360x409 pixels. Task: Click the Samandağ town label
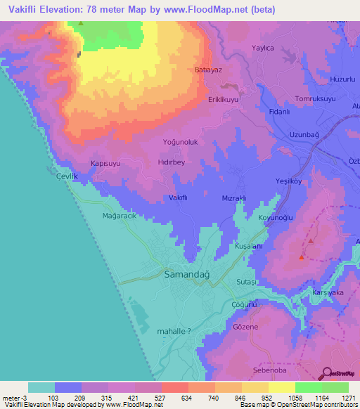[x=191, y=273]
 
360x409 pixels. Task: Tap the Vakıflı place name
[x=177, y=198]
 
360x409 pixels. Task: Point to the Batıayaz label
[x=208, y=70]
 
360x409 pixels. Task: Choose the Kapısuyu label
[x=106, y=163]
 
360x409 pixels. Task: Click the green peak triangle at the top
[x=81, y=24]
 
